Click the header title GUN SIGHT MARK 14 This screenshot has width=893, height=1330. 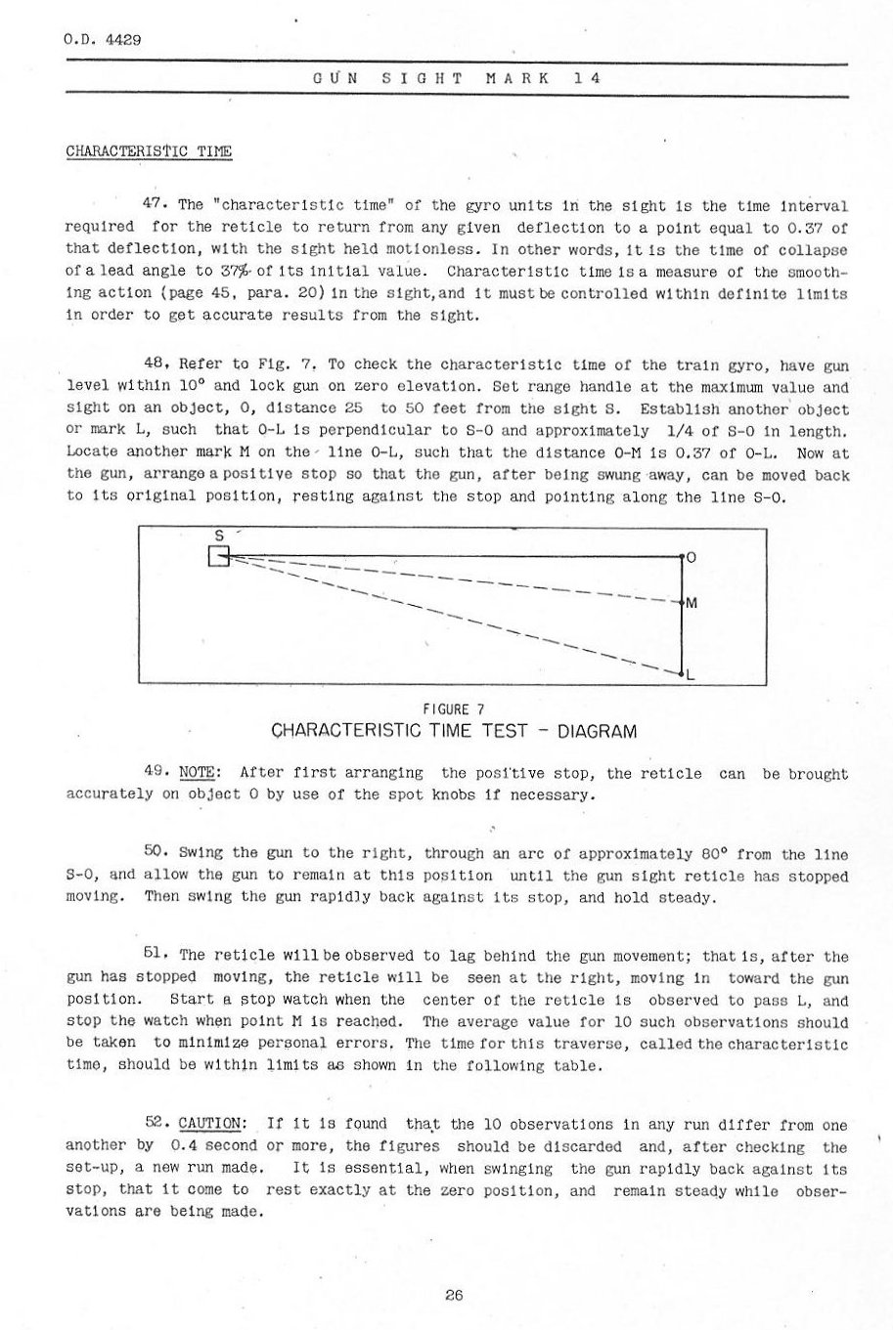455,77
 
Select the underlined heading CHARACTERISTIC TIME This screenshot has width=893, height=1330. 148,152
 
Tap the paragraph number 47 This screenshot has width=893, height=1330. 156,205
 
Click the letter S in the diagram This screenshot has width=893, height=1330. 219,536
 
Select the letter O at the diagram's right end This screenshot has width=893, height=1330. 691,557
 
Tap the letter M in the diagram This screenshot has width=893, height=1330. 692,603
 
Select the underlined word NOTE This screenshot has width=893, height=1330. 203,773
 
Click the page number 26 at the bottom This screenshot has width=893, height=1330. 453,1296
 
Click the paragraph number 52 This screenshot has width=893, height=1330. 156,1124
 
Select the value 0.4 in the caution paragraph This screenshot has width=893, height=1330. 185,1146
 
